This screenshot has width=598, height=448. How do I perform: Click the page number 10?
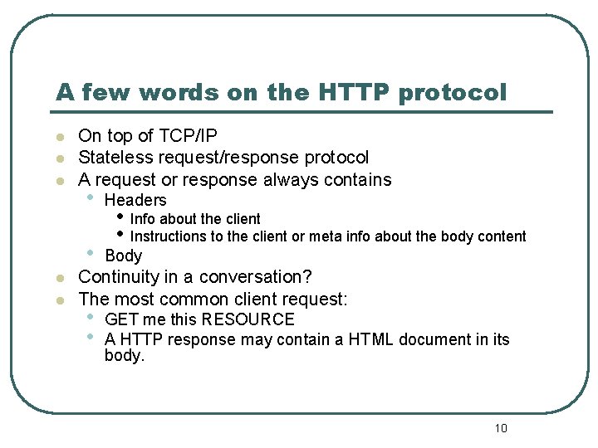(500, 428)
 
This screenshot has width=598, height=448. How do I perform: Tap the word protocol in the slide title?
(453, 92)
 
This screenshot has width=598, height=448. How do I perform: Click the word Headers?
(135, 200)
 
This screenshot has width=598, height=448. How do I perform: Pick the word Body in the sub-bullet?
(123, 256)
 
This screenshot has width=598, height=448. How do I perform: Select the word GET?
(121, 319)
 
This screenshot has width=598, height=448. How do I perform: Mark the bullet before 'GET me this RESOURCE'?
(90, 318)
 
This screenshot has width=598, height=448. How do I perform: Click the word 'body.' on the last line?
(125, 356)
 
